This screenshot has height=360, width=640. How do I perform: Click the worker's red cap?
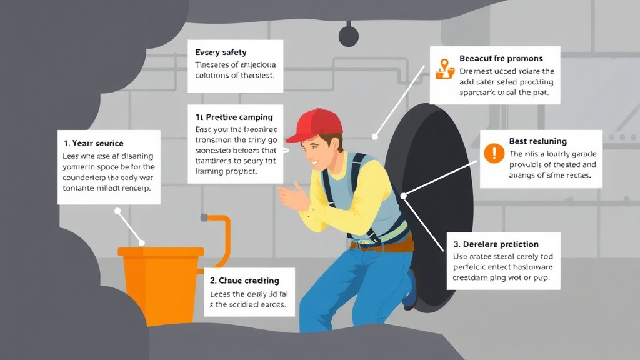tap(316, 123)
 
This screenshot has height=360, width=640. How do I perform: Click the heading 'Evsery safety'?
tap(221, 52)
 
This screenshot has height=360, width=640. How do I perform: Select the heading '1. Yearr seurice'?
tap(94, 143)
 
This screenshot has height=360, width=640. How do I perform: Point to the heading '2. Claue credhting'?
tap(244, 281)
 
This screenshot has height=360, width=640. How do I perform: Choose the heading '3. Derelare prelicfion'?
tap(496, 244)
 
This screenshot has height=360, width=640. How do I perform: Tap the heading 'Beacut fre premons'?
tap(501, 58)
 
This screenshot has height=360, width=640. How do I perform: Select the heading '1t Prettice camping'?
tap(234, 117)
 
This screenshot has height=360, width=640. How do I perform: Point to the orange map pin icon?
tap(444, 66)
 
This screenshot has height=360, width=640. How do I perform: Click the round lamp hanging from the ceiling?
tap(349, 36)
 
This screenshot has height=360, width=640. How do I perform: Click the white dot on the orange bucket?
tap(141, 242)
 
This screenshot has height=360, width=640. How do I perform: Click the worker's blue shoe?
tap(411, 291)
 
